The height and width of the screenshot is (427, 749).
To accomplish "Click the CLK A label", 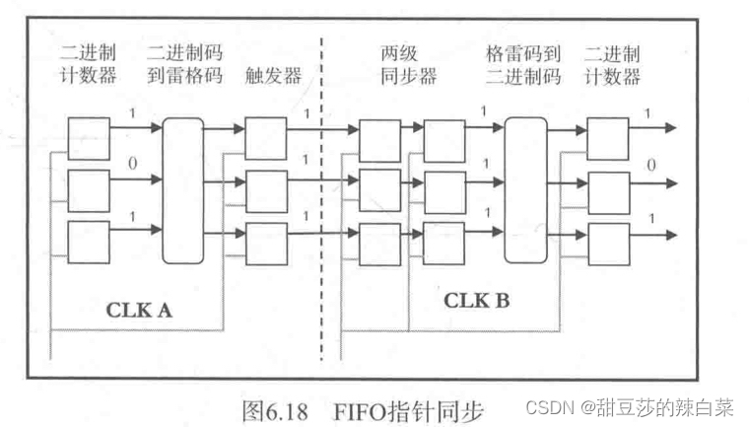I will point(139,309).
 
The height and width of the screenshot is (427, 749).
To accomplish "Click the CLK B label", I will point(477,300).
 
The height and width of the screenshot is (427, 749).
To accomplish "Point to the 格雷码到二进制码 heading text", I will point(524,64).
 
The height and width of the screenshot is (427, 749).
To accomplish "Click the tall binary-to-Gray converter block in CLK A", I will point(183,189).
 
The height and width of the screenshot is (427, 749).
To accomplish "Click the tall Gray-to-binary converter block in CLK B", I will point(524,189).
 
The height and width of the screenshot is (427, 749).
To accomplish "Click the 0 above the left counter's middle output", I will point(132,164).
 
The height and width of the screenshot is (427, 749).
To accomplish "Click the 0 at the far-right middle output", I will point(650,166).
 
